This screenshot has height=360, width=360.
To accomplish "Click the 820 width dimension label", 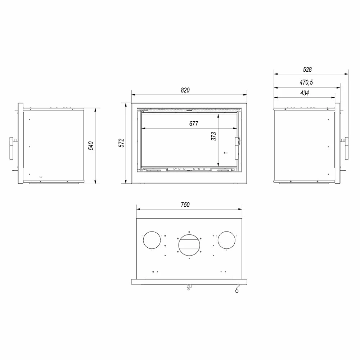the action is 185,90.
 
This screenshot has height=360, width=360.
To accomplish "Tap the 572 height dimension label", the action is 121,143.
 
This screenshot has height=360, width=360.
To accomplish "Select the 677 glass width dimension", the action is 194,124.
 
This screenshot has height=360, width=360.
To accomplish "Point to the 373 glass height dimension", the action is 213,136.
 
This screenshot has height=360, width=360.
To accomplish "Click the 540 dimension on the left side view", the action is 91,146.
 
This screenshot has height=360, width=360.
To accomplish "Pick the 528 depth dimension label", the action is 307,69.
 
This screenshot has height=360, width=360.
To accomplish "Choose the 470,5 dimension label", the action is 306,82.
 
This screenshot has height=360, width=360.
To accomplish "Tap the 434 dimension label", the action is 305,93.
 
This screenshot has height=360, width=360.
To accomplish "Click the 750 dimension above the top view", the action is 185,204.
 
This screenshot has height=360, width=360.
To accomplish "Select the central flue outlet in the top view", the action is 189,245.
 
